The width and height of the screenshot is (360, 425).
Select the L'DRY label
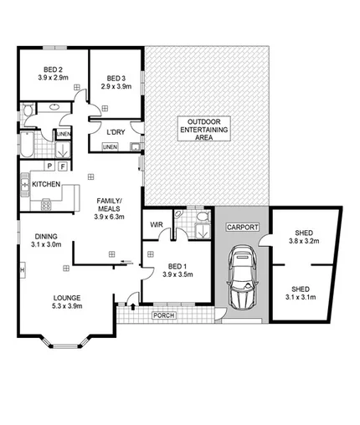pyautogui.click(x=116, y=131)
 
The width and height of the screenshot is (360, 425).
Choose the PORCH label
pyautogui.click(x=163, y=315)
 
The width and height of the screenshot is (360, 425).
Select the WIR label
pyautogui.click(x=156, y=225)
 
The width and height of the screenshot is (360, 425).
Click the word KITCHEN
pyautogui.click(x=46, y=182)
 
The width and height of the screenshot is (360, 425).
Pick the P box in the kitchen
pyautogui.click(x=50, y=166)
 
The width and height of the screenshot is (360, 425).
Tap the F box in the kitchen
pyautogui.click(x=64, y=166)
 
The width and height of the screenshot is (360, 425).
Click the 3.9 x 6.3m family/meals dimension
pyautogui.click(x=110, y=216)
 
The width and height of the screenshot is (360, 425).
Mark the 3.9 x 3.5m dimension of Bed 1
pyautogui.click(x=177, y=274)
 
